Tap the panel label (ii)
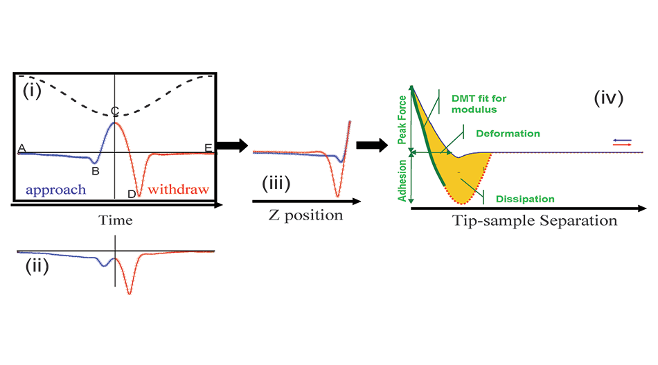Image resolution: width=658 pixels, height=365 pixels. [37, 267]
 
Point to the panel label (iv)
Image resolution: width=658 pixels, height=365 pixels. [609, 98]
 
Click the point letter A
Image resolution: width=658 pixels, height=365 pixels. [21, 148]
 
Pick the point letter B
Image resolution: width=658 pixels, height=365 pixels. [96, 170]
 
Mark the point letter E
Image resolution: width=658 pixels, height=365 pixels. [208, 148]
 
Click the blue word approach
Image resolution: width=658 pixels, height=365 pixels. [55, 189]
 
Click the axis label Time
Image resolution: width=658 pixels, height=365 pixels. [114, 221]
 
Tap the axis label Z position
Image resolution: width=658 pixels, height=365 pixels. [305, 215]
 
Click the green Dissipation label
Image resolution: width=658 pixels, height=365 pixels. [525, 199]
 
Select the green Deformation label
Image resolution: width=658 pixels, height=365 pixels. [508, 133]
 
